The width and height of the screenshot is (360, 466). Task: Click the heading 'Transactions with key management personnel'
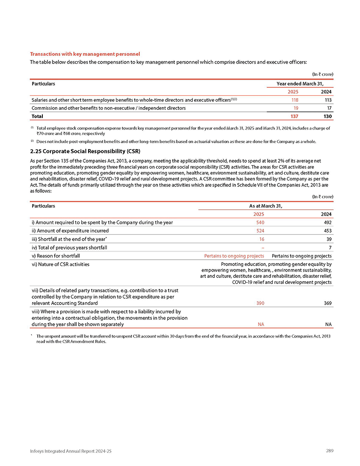tap(85, 54)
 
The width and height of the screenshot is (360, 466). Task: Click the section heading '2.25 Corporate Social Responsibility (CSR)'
tap(85, 151)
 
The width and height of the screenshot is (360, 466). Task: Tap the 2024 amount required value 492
tap(327, 222)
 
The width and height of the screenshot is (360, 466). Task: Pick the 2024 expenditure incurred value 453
tap(327, 230)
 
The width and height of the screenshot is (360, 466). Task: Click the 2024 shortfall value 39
tap(328, 239)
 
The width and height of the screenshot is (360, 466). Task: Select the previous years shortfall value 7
tap(330, 247)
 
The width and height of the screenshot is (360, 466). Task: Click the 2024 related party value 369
tap(327, 303)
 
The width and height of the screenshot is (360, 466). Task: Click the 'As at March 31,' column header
tap(265, 205)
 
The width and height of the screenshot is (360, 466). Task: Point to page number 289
tap(330, 451)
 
